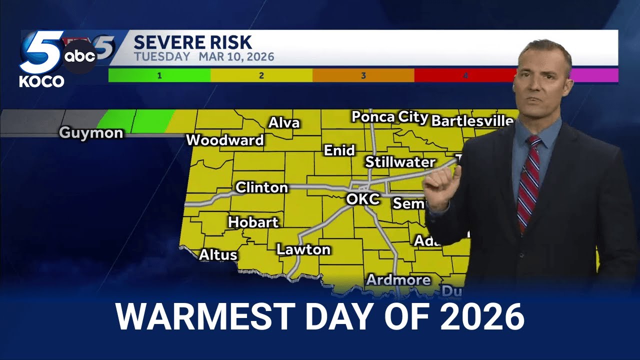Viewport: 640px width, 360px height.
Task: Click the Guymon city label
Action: pyautogui.click(x=91, y=133)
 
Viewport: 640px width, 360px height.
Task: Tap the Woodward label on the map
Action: pyautogui.click(x=224, y=140)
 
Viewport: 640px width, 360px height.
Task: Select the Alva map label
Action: pyautogui.click(x=284, y=122)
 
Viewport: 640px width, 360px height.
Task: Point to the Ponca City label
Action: pyautogui.click(x=389, y=117)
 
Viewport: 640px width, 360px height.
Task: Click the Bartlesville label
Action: pyautogui.click(x=472, y=121)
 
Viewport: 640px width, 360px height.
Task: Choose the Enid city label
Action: pyautogui.click(x=339, y=150)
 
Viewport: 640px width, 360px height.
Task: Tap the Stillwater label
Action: pyautogui.click(x=400, y=162)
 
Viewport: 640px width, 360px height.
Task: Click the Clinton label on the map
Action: pyautogui.click(x=261, y=187)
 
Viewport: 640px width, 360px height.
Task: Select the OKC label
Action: pyautogui.click(x=363, y=199)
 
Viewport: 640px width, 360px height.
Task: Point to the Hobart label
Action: pyautogui.click(x=253, y=222)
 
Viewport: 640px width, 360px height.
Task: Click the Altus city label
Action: pyautogui.click(x=218, y=254)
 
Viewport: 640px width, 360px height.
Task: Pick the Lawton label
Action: pyautogui.click(x=303, y=249)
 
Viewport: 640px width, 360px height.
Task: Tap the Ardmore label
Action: pyautogui.click(x=398, y=280)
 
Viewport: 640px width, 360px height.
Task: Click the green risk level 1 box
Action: pyautogui.click(x=159, y=75)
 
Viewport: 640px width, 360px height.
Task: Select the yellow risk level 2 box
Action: pyautogui.click(x=261, y=75)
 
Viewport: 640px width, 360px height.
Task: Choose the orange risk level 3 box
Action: pyautogui.click(x=363, y=75)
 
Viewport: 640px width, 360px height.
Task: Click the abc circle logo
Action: pyautogui.click(x=80, y=57)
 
